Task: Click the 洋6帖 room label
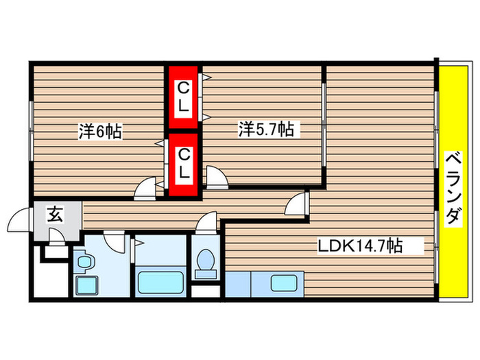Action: pos(100,132)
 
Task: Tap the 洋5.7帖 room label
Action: pos(267,128)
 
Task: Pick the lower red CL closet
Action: pos(184,165)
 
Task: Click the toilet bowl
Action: pos(205,261)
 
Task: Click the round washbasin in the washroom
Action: pos(85,262)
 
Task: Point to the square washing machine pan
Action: pos(86,286)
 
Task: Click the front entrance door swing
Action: pos(19,224)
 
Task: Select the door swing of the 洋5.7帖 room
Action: pos(217,179)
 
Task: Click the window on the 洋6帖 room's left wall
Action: pos(30,130)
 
